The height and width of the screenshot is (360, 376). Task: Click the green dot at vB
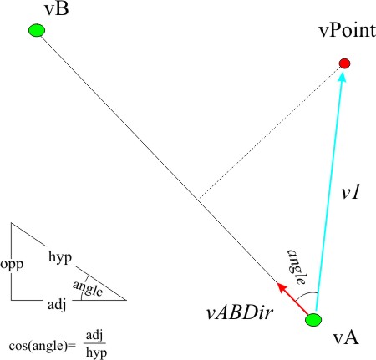(x=37, y=30)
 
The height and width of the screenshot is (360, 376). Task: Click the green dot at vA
(x=313, y=320)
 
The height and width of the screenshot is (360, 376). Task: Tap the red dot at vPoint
(x=344, y=63)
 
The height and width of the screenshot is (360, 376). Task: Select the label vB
(x=57, y=9)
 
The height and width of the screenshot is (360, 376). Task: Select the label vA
(x=346, y=338)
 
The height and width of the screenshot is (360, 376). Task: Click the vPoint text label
(x=347, y=30)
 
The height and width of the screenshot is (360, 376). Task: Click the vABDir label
(x=239, y=312)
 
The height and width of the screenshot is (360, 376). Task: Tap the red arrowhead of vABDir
(x=282, y=288)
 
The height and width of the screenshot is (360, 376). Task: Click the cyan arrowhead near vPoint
(x=343, y=76)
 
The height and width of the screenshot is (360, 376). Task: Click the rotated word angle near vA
(x=297, y=267)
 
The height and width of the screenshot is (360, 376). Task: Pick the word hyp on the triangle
(x=60, y=257)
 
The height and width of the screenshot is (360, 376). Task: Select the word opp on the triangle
(x=12, y=264)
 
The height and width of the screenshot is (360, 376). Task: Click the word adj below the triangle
(x=57, y=305)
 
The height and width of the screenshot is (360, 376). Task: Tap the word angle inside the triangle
(x=88, y=288)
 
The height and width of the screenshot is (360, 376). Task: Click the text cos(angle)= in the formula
(x=43, y=346)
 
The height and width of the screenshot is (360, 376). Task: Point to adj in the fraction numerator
(x=94, y=336)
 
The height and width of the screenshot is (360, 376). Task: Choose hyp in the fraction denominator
(x=96, y=352)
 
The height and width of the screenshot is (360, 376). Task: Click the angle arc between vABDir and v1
(x=306, y=294)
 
